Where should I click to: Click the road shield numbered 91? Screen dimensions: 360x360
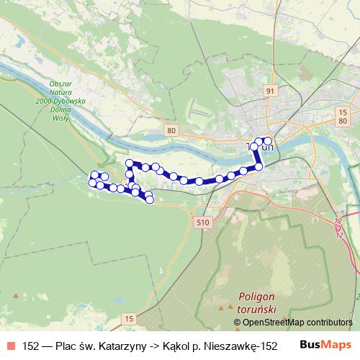[x=270, y=91]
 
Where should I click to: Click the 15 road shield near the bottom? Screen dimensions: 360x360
[x=129, y=318]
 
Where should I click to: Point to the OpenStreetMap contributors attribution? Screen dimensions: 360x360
[x=293, y=322]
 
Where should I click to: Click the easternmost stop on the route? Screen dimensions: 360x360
[x=269, y=141]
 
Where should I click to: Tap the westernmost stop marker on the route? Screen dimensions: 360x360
[x=92, y=183]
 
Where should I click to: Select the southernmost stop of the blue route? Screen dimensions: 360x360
[x=149, y=199]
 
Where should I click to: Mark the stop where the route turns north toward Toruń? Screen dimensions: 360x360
[x=259, y=166]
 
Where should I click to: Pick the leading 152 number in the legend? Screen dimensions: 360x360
[x=31, y=344]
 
